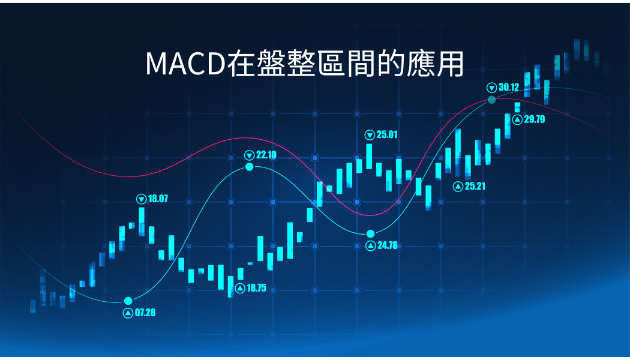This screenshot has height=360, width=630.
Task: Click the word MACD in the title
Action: pos(185,64)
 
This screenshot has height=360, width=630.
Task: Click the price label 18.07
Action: pos(158,199)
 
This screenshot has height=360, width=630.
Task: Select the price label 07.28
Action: pos(145,313)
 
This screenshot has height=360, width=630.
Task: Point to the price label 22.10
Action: pos(266,155)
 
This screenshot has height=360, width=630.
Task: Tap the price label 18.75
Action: pos(256,288)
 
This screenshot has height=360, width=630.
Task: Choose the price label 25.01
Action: pos(387,134)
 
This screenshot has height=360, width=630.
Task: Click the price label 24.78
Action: pos(388,245)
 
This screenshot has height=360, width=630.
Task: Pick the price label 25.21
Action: pos(475,186)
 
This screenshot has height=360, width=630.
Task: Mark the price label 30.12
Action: pos(509,87)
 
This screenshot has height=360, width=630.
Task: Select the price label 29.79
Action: pos(535,119)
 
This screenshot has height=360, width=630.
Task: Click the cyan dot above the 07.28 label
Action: pos(128,301)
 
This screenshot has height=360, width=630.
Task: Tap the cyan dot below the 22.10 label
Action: pos(250,167)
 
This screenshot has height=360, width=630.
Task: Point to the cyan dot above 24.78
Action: pos(370,234)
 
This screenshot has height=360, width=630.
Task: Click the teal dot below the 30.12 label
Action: pos(491,100)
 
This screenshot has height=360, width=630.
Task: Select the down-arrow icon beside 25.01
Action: pos(370,135)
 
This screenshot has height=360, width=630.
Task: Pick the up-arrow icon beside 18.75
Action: pos(240,289)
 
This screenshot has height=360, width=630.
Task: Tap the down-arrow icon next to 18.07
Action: pos(142,199)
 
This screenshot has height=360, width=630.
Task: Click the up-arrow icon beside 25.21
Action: pos(458,187)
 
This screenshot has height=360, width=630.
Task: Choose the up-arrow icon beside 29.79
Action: pos(517,120)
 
